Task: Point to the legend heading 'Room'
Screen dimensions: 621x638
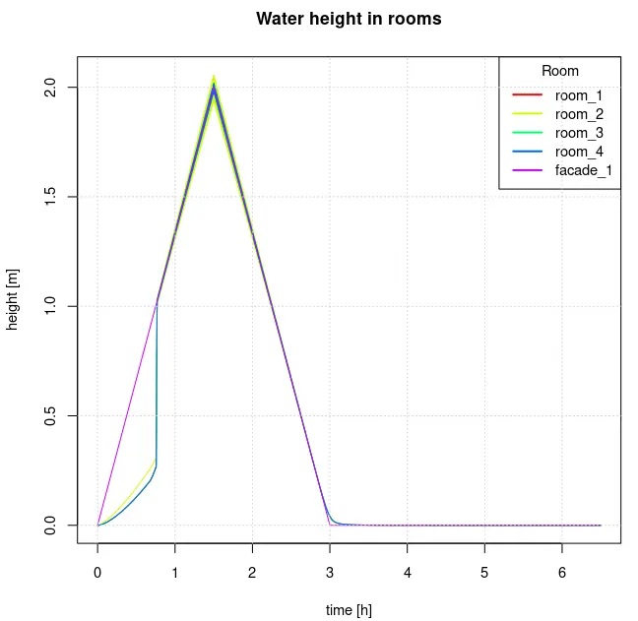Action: pyautogui.click(x=560, y=71)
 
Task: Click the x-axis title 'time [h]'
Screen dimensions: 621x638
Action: pyautogui.click(x=349, y=610)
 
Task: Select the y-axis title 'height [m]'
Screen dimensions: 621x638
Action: pyautogui.click(x=14, y=299)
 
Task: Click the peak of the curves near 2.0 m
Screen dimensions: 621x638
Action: pyautogui.click(x=214, y=85)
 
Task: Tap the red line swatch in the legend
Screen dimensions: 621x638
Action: pyautogui.click(x=528, y=95)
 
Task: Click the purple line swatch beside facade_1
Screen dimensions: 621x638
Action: pyautogui.click(x=528, y=170)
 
